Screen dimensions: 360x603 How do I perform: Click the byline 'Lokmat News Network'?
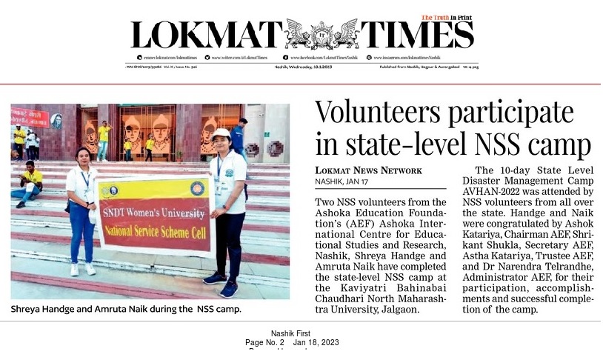point(368,170)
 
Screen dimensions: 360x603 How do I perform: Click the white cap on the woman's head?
point(221,133)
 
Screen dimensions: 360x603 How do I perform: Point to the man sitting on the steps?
point(29,184)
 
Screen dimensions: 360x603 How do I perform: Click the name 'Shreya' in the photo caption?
point(28,308)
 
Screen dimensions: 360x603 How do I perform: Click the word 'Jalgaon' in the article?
point(399,309)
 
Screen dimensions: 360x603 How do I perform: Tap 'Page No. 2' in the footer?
point(264,342)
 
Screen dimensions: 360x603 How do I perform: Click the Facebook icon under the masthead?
point(285,57)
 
